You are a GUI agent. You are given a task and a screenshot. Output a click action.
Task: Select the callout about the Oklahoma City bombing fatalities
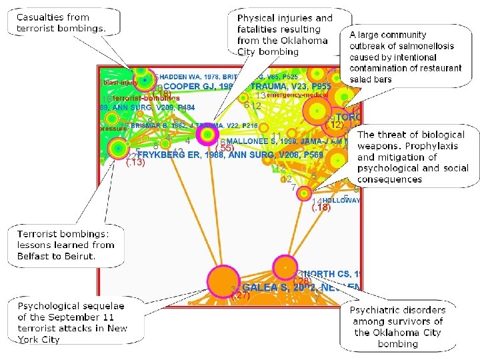tap(285, 35)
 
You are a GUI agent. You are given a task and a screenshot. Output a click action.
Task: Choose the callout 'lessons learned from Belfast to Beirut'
tap(65, 245)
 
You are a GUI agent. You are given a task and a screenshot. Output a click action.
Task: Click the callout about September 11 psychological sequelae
tap(72, 321)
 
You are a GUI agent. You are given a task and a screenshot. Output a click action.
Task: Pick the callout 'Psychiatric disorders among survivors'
tap(399, 327)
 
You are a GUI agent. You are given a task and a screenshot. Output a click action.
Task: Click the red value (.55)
tap(225, 147)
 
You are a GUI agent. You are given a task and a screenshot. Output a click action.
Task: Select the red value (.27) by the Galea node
tap(240, 295)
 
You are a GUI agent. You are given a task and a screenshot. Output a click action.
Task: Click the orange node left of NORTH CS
tap(285, 268)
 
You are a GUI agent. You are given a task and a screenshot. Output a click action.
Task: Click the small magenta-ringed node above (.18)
tap(305, 194)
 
